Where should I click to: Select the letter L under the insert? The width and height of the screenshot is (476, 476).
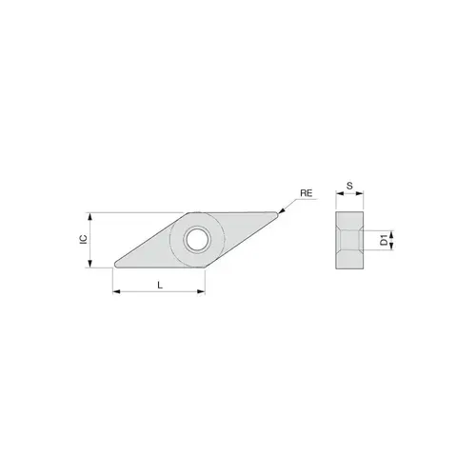pos(159,285)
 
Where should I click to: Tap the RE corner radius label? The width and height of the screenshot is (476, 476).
pos(307,193)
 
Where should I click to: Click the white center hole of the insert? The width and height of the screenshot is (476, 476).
pos(201,240)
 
